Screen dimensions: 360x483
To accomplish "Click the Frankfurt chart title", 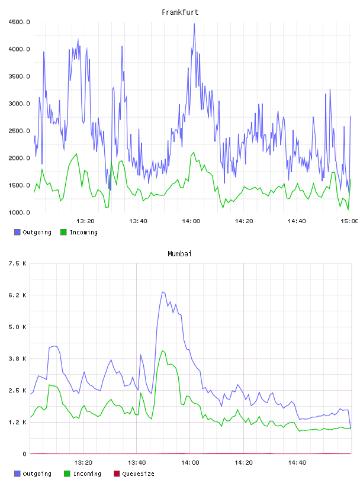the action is tap(180, 12).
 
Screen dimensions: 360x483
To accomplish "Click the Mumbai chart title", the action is tap(179, 253).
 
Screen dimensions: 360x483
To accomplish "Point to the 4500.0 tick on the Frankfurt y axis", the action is tap(19, 22).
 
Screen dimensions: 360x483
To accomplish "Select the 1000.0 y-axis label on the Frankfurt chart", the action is tap(19, 212).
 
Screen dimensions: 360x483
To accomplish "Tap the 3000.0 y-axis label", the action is tap(19, 104).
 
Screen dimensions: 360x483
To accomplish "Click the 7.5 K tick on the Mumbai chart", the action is tap(18, 263).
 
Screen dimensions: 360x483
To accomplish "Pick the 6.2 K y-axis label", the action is tap(18, 295).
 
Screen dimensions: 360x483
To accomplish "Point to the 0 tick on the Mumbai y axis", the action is tap(24, 454).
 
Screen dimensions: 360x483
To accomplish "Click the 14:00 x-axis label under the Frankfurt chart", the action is tap(191, 221).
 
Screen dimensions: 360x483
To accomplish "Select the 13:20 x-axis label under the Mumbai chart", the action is tap(83, 463).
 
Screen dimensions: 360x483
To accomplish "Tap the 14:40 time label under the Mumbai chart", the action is tap(297, 463).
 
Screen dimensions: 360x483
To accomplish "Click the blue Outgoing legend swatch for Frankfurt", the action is tap(17, 232).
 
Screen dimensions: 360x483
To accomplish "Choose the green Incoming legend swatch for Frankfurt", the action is tap(63, 232).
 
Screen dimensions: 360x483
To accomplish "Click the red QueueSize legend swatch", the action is tap(117, 474).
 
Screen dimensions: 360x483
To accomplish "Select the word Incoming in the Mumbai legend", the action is tap(87, 474).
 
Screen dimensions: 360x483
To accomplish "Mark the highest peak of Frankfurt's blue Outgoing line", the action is tap(194, 24).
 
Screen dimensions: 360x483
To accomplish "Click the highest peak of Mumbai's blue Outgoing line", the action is tap(162, 292).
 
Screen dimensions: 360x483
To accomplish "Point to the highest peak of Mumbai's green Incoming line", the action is tap(162, 350).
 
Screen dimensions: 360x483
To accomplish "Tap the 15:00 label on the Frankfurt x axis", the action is tap(349, 221).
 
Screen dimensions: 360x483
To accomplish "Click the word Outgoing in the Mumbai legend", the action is tap(37, 474).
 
